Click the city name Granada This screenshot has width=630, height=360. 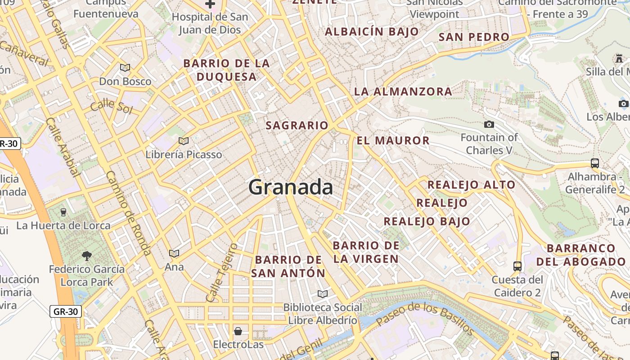291,187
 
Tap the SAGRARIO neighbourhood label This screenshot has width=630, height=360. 297,126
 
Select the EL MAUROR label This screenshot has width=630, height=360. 393,140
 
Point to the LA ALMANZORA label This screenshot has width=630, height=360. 403,91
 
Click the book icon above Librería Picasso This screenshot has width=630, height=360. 183,141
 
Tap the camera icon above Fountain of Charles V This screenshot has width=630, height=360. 489,124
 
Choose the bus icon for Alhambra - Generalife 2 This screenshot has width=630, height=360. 594,163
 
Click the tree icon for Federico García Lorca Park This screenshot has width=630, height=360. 87,256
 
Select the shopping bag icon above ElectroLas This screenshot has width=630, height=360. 238,332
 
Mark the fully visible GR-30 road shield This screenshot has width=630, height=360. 66,311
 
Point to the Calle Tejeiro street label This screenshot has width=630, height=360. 221,273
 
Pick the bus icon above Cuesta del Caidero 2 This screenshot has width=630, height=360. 517,266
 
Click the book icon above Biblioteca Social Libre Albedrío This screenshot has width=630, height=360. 322,294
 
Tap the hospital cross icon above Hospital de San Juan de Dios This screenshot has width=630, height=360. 210,4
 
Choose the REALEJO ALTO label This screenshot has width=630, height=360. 471,184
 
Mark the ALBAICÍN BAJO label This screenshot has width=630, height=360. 372,32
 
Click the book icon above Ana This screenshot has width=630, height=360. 174,254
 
